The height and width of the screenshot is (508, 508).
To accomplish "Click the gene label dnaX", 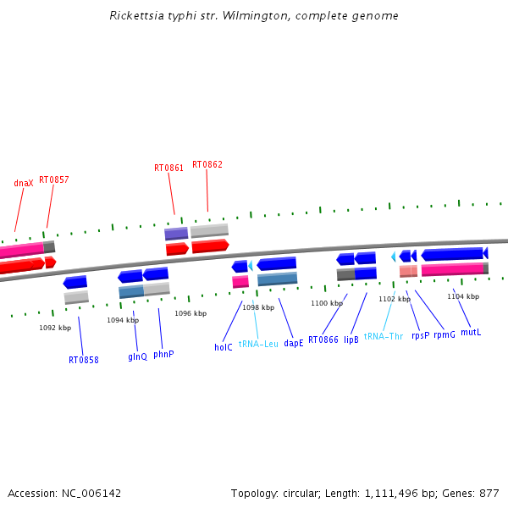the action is click(24, 184).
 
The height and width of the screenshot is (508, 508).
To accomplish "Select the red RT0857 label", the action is click(54, 179).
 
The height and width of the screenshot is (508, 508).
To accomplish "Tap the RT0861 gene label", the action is click(168, 168).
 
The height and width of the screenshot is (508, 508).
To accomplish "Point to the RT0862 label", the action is click(207, 164).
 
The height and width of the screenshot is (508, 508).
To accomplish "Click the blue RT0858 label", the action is click(84, 360).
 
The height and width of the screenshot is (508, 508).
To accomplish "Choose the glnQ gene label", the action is click(137, 356).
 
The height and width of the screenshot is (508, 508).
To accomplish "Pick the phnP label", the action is click(163, 354).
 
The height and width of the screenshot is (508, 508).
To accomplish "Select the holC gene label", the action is click(224, 347).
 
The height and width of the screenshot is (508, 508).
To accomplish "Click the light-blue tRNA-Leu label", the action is click(258, 344).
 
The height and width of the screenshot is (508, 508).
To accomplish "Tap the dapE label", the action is click(294, 343).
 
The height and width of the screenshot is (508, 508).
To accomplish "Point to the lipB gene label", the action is click(351, 340).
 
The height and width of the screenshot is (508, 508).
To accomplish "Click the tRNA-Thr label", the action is click(384, 336).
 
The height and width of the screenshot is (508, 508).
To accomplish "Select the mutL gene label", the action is click(471, 332).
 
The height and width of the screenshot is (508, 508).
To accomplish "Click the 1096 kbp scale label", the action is click(190, 313).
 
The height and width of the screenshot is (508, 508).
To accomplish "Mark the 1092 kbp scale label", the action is click(55, 328).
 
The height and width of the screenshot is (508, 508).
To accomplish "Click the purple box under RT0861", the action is click(176, 234).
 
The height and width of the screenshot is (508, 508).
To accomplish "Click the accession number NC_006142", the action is click(91, 494).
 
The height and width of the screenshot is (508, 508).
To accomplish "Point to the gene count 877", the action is click(489, 494).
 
